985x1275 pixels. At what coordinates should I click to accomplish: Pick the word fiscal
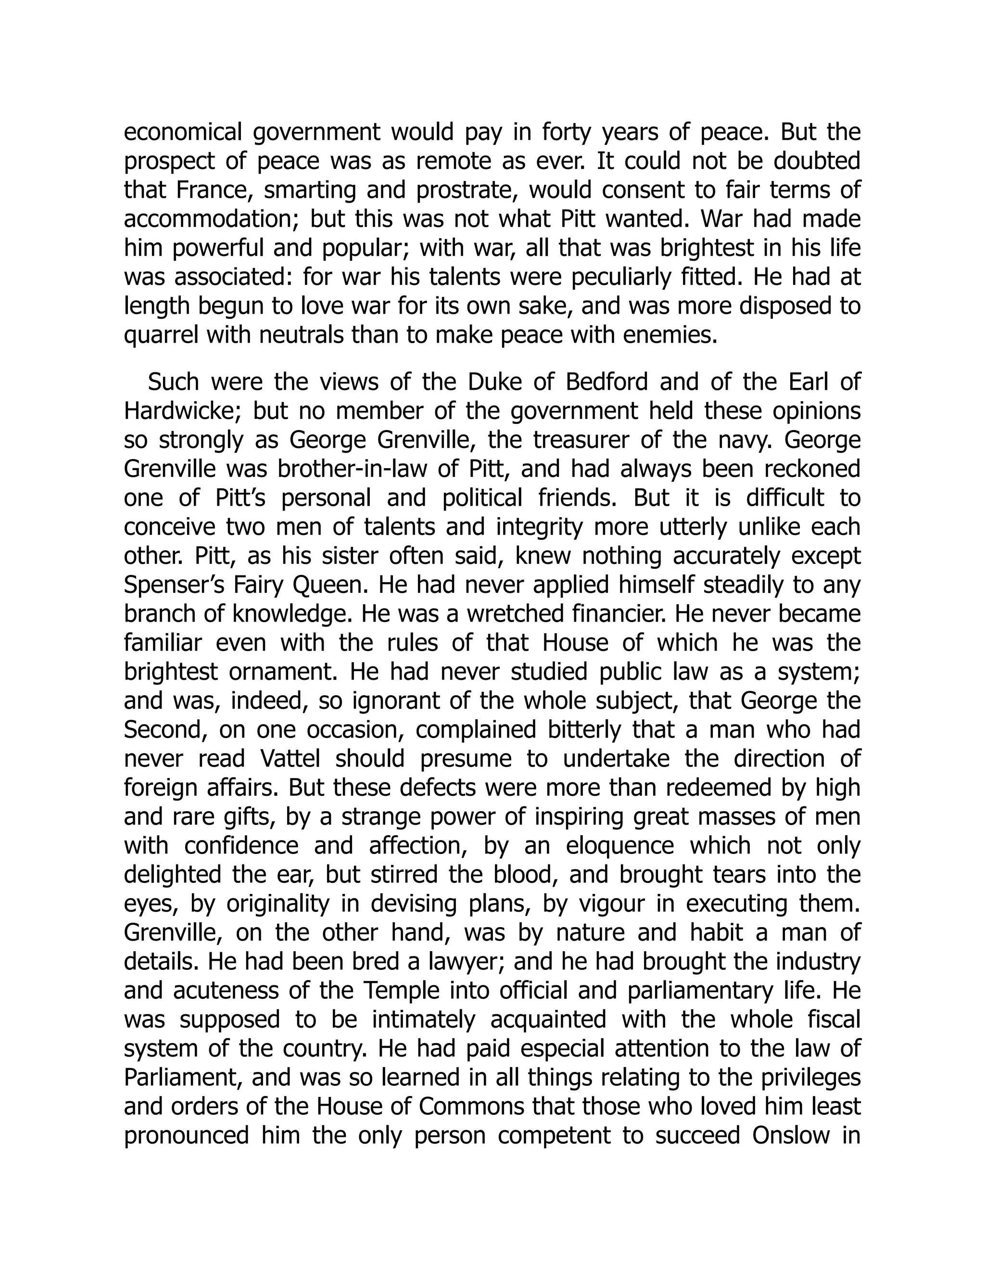point(833,1020)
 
